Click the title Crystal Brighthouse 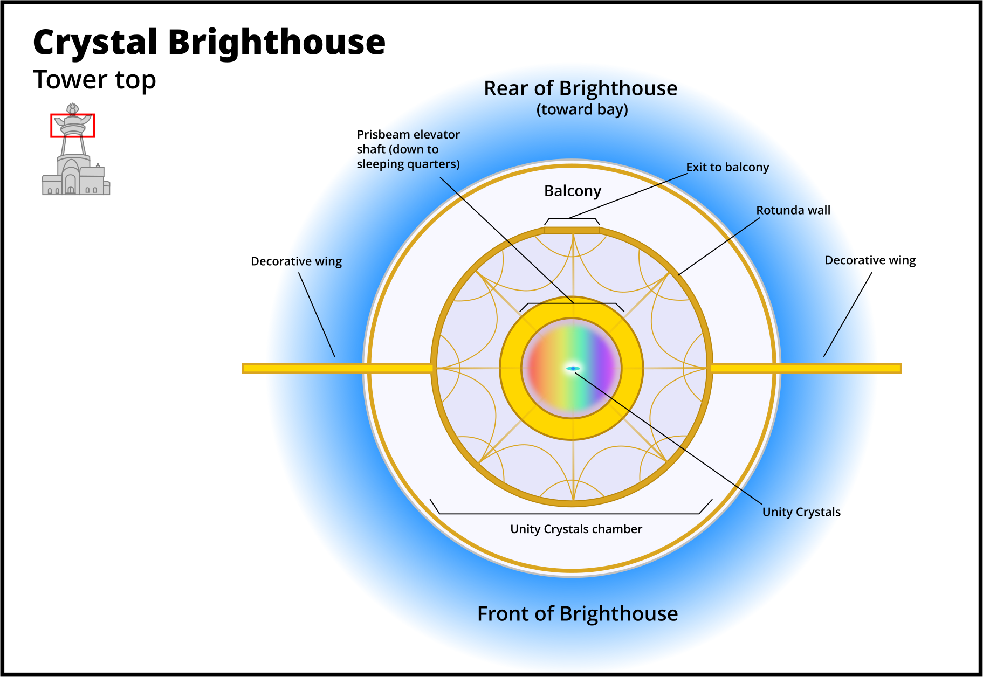[x=209, y=42]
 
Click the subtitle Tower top [x=94, y=80]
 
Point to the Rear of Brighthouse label [x=580, y=88]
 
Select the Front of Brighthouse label [x=577, y=613]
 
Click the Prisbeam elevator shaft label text [x=408, y=149]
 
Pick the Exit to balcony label [x=727, y=167]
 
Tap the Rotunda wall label [x=793, y=210]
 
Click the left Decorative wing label [x=296, y=261]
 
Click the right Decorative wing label [x=870, y=260]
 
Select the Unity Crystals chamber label [x=576, y=529]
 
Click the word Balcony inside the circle [x=572, y=191]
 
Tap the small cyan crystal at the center [x=573, y=369]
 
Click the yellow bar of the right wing [x=809, y=368]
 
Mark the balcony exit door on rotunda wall [x=572, y=230]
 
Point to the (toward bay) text [x=582, y=109]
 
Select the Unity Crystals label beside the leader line [x=801, y=512]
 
